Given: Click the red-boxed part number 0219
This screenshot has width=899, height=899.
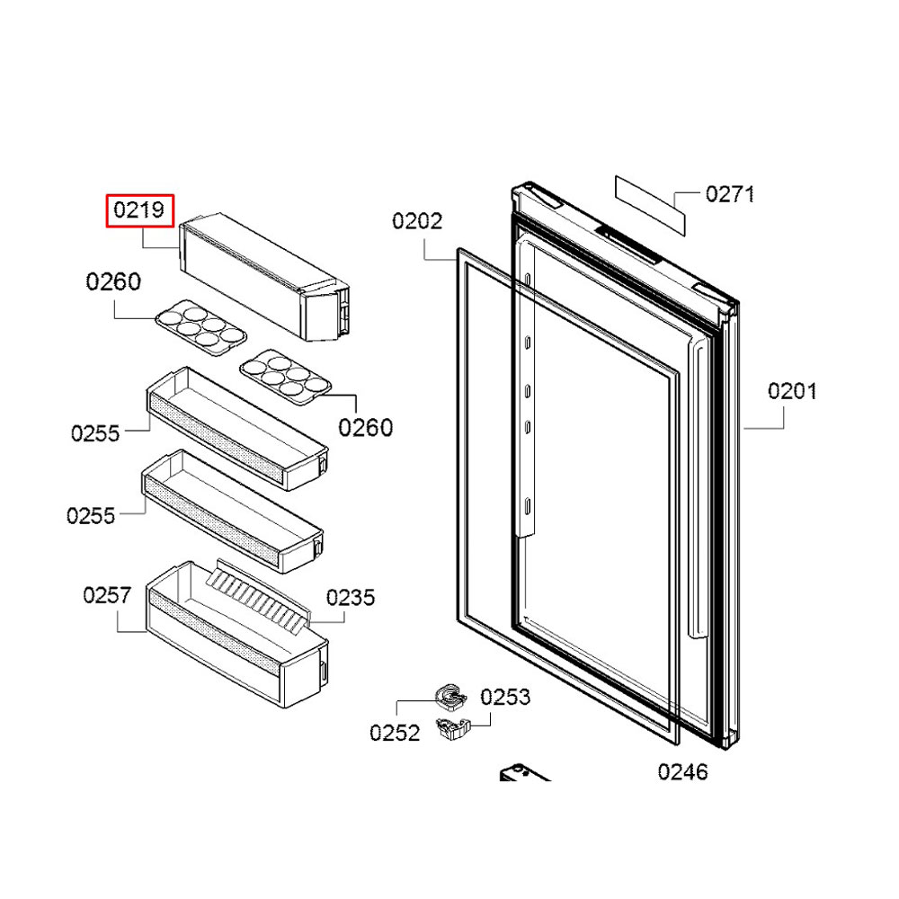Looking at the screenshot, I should click(138, 211).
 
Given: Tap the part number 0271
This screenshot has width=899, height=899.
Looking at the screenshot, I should click(729, 194).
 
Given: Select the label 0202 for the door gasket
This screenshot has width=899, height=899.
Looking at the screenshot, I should click(417, 221).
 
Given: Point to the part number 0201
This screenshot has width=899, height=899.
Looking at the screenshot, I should click(792, 392).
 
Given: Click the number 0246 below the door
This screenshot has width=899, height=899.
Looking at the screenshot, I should click(682, 771).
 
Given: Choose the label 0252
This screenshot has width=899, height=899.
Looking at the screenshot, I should click(395, 733).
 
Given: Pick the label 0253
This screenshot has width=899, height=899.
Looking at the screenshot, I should click(505, 697).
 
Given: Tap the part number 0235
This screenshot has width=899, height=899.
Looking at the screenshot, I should click(351, 598).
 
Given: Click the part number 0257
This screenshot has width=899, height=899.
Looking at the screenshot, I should click(107, 595).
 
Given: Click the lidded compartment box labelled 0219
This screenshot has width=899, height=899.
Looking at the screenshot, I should click(261, 274).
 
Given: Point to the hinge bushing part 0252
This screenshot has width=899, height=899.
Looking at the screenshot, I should click(449, 694).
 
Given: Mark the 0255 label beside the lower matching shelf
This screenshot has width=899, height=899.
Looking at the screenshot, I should click(91, 516).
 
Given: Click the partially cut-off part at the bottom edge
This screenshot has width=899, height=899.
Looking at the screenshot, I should click(523, 775).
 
